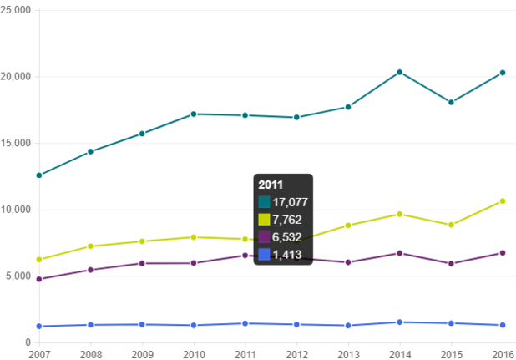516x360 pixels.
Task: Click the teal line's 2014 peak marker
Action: (x=400, y=72)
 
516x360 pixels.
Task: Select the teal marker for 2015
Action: (x=452, y=102)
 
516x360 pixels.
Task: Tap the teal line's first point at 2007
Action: (x=38, y=175)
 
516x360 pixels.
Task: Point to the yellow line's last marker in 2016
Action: (x=503, y=200)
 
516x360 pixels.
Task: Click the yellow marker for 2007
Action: (x=38, y=260)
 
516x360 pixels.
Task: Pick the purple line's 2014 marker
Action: (x=400, y=253)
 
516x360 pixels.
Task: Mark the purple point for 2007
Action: (x=38, y=279)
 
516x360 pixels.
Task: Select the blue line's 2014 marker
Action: (x=400, y=322)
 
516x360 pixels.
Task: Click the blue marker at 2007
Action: (x=38, y=327)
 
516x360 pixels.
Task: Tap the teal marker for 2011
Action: (x=245, y=115)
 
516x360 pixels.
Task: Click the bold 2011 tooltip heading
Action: (x=271, y=185)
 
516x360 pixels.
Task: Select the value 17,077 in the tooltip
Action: (x=291, y=202)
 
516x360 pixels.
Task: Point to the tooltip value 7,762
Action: (x=287, y=220)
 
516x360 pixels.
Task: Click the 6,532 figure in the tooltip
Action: (x=287, y=237)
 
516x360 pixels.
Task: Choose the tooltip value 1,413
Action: (x=287, y=255)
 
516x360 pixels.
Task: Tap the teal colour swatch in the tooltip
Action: (x=264, y=202)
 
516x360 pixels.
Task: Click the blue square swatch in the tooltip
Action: (x=264, y=255)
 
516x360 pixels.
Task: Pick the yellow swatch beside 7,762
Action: (x=264, y=220)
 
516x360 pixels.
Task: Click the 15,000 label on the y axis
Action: (x=17, y=143)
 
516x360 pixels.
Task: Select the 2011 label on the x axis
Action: (x=245, y=353)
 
